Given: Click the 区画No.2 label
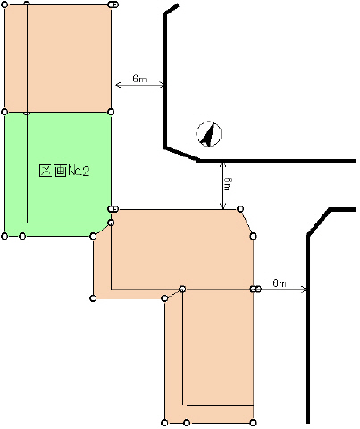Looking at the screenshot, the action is [x=64, y=171].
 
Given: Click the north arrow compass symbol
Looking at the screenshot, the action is [x=209, y=134].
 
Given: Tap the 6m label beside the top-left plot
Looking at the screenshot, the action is [x=139, y=79].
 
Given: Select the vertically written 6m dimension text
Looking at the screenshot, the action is [x=228, y=184].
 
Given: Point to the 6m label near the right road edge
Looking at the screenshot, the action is [x=280, y=282].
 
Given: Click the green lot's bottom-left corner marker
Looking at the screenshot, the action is [x=4, y=236].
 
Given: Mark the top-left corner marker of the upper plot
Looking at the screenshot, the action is [x=4, y=4].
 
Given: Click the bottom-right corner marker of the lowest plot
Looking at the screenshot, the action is [x=253, y=423].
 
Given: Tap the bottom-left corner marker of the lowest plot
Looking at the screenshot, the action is [x=164, y=423].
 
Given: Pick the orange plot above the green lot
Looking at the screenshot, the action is [x=58, y=58].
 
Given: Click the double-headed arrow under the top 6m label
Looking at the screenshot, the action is [x=139, y=85].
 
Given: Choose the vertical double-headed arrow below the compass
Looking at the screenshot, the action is [x=223, y=185].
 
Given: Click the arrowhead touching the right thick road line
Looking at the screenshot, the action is [x=303, y=289].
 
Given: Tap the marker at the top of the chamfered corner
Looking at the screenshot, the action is [x=240, y=209].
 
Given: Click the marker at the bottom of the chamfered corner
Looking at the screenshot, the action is [x=253, y=236].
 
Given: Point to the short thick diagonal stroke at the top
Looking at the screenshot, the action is [x=172, y=9].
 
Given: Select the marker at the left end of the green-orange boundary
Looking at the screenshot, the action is [x=4, y=112].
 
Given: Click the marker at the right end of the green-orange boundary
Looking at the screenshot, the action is [x=111, y=112].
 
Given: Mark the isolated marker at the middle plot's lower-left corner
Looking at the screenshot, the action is [x=93, y=299].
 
